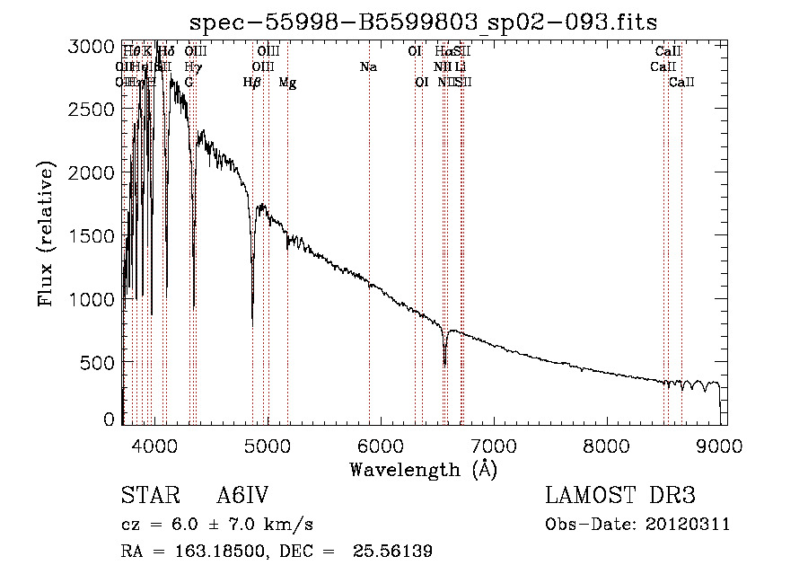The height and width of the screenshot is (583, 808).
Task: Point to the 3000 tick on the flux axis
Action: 92,47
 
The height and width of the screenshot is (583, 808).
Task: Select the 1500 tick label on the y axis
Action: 92,236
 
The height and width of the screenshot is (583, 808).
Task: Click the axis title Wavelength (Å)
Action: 423,469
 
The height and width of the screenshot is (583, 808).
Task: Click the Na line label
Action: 368,67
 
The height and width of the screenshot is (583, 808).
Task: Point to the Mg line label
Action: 287,83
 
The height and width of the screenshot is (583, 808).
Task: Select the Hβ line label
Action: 252,83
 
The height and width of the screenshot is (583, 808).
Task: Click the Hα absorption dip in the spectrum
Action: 444,361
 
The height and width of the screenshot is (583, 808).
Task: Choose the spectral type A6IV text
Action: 242,496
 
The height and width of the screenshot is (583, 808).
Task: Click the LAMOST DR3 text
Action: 620,496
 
